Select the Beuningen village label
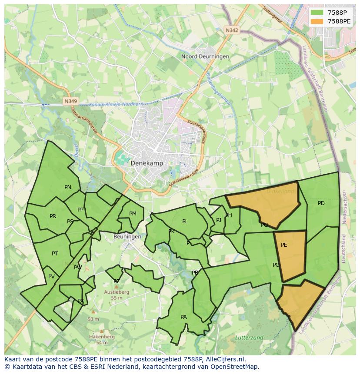click(x=127, y=237)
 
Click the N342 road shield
click(x=232, y=30)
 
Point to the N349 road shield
click(x=70, y=101)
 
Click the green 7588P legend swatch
click(x=317, y=12)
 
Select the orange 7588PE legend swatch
click(x=317, y=21)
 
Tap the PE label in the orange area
click(x=284, y=245)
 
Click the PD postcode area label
click(x=321, y=203)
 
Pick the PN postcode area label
click(x=68, y=187)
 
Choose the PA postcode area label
click(x=183, y=317)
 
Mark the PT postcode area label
click(x=55, y=254)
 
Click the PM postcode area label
click(x=133, y=214)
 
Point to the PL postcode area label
click(x=185, y=222)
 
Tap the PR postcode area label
click(x=53, y=216)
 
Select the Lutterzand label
click(x=249, y=338)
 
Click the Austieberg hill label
click(x=117, y=292)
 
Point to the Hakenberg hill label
click(x=102, y=337)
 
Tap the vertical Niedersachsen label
click(x=344, y=207)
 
